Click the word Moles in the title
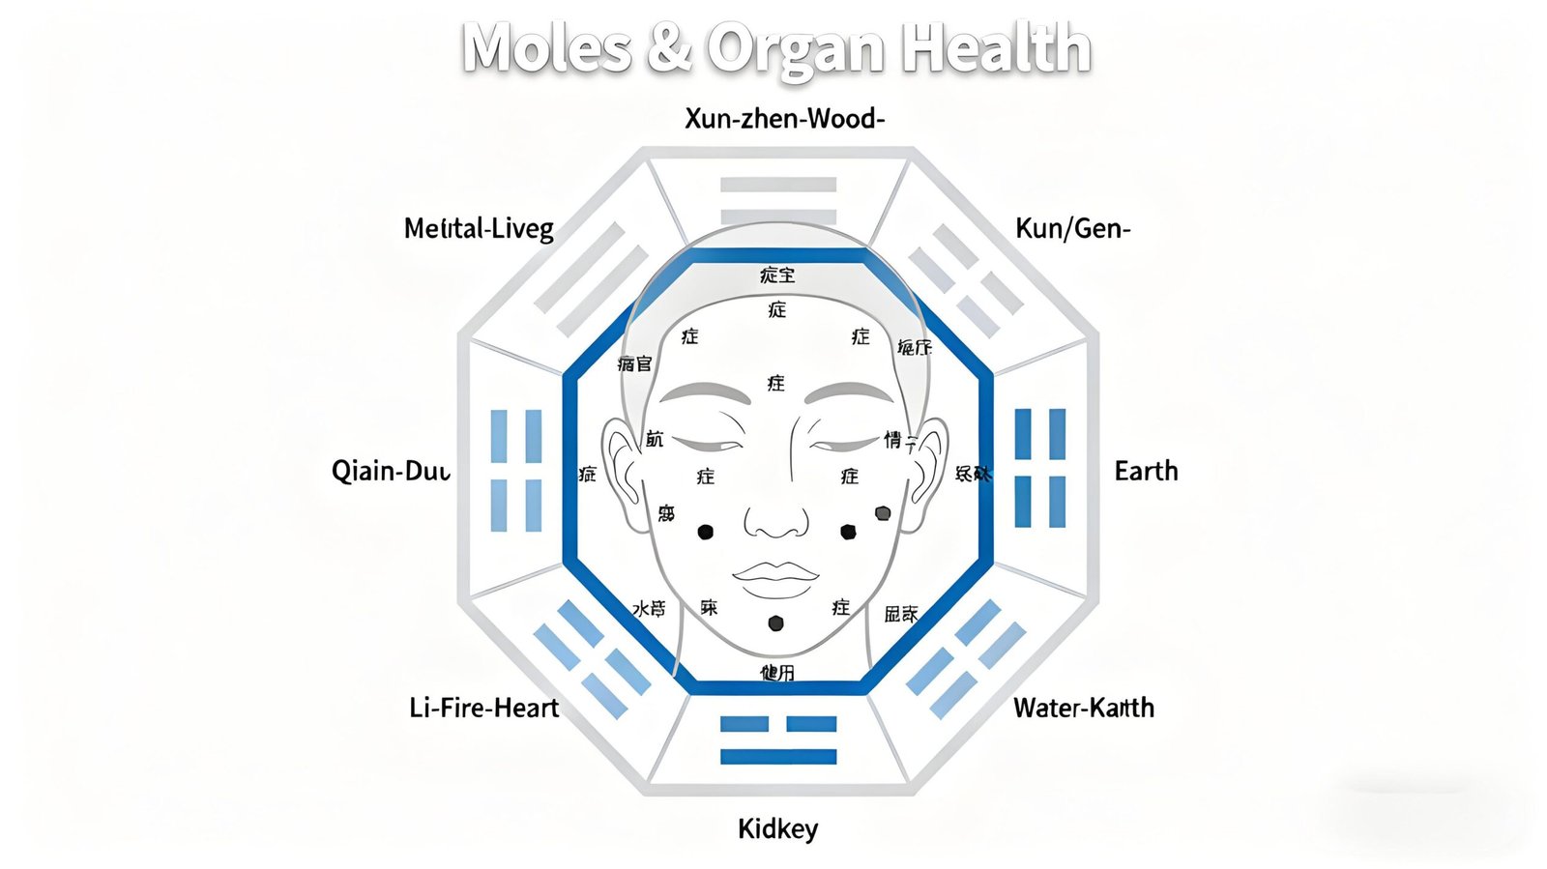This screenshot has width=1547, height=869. (546, 48)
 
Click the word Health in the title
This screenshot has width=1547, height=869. (997, 48)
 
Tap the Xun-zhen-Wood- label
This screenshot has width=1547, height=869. (784, 119)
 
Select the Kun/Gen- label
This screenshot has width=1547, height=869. (1072, 228)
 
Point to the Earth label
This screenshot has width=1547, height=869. (1146, 471)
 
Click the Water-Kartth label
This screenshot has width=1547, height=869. (1083, 708)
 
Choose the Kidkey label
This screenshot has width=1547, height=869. (777, 828)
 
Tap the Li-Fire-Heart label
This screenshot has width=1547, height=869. (483, 708)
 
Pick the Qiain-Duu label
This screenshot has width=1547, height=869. (391, 471)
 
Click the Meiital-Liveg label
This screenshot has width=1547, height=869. (479, 228)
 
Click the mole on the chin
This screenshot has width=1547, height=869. (775, 623)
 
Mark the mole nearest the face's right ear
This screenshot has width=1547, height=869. (883, 513)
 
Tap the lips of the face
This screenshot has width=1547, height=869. (775, 578)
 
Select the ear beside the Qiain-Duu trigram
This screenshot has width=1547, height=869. (624, 474)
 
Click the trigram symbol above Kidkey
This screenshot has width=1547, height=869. (778, 739)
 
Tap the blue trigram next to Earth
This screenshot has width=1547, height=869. (1039, 468)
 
